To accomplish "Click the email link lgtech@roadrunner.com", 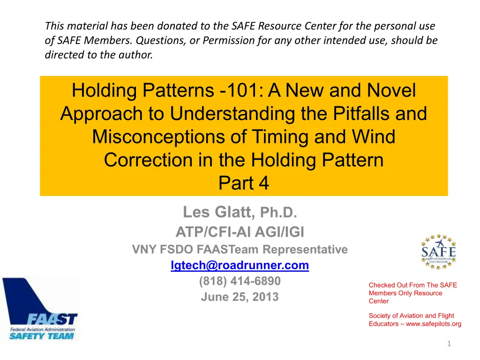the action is [x=240, y=265].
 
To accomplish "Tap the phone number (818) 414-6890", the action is [x=240, y=281].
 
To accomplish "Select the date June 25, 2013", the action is [x=240, y=297].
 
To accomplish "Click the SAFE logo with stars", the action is [x=439, y=252].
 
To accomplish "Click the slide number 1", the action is [x=449, y=344].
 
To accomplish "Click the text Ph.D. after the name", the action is [x=278, y=212].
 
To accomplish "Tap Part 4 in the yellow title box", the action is [x=244, y=183].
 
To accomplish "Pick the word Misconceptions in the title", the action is [x=158, y=136].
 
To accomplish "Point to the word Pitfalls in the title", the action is [x=361, y=113].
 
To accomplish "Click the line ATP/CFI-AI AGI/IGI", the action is [x=240, y=232].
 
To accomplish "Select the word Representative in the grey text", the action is [x=305, y=249].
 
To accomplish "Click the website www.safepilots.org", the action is [x=434, y=324].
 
